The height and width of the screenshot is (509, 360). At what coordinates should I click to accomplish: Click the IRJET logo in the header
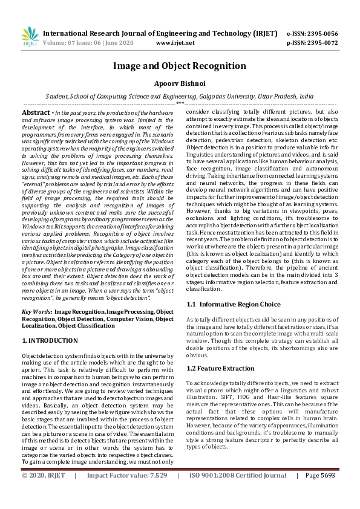pyautogui.click(x=27, y=37)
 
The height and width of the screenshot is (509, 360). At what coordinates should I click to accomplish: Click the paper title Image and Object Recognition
pyautogui.click(x=180, y=66)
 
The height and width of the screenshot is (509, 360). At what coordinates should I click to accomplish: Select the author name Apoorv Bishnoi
pyautogui.click(x=180, y=83)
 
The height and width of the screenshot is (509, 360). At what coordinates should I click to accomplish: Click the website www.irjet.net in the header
pyautogui.click(x=175, y=43)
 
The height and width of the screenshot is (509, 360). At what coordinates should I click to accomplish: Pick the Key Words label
pyautogui.click(x=36, y=311)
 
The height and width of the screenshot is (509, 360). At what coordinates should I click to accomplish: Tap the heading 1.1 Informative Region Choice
pyautogui.click(x=233, y=304)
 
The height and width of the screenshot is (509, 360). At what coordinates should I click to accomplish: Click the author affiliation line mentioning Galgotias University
pyautogui.click(x=180, y=96)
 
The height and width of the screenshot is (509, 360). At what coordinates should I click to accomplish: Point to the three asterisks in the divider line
pyautogui.click(x=180, y=103)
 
